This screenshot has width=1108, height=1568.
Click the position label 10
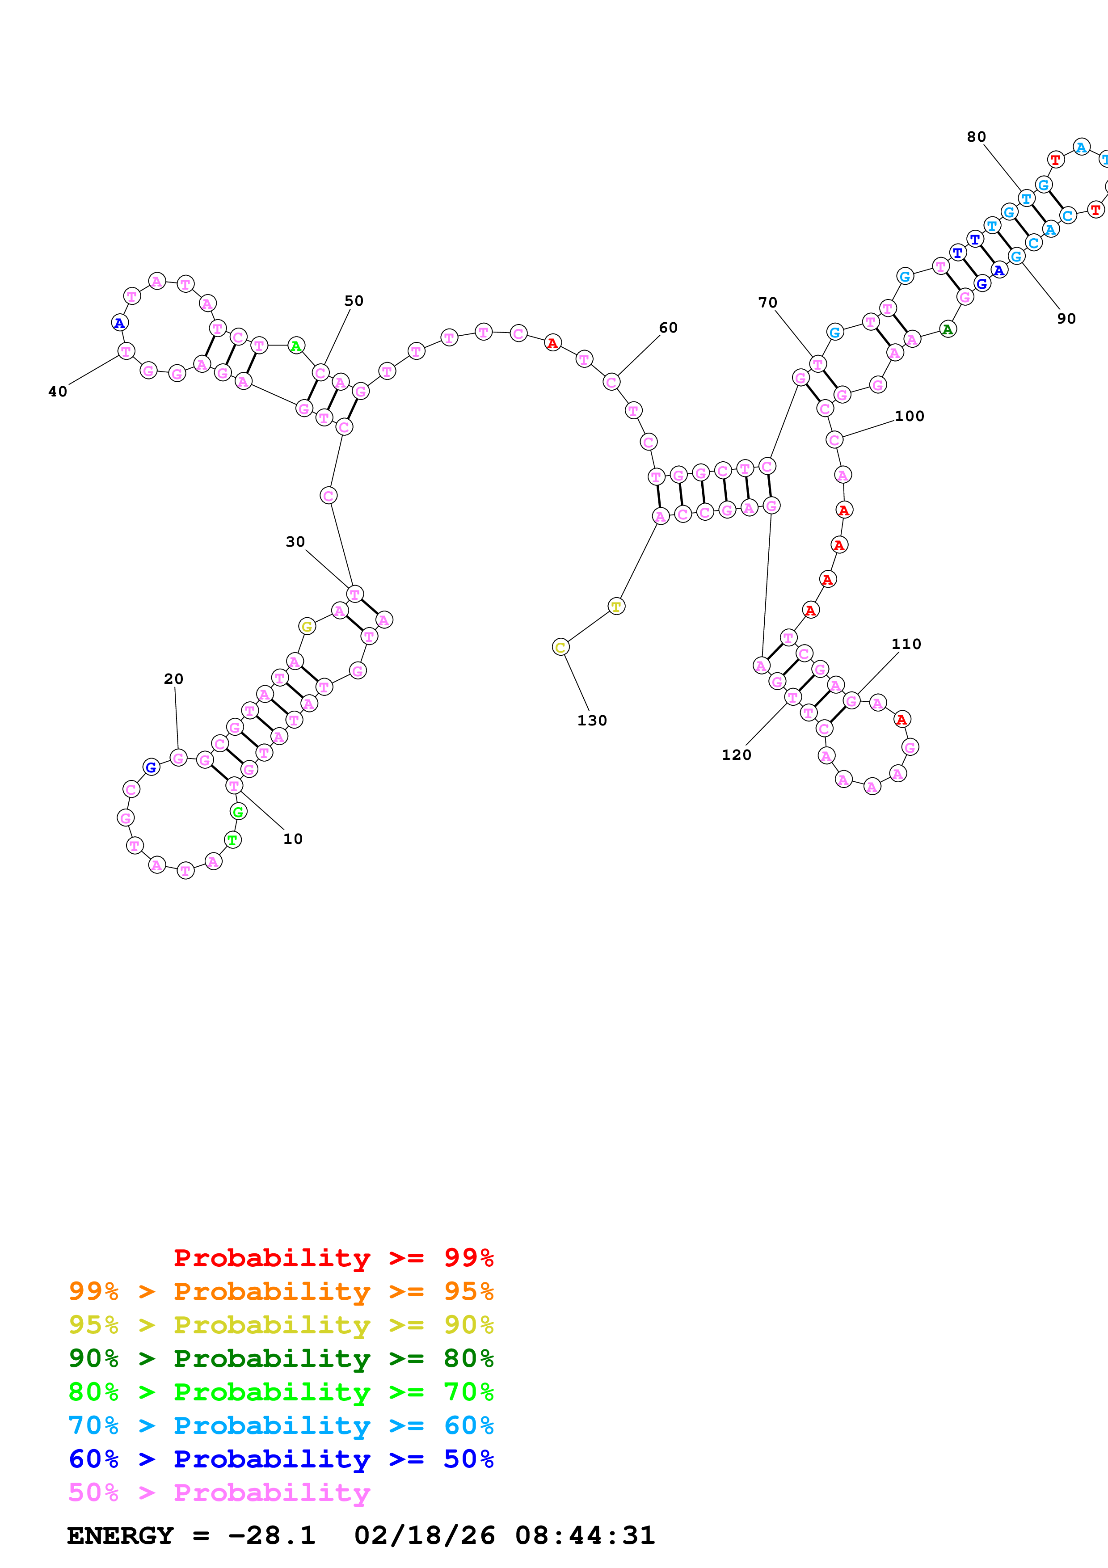tap(293, 839)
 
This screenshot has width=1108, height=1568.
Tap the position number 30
tap(295, 542)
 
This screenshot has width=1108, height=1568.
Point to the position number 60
tap(668, 328)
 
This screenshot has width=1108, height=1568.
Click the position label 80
tap(976, 137)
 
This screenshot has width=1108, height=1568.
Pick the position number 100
tap(910, 416)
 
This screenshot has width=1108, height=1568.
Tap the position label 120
tap(736, 754)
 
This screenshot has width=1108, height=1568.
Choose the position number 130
tap(592, 721)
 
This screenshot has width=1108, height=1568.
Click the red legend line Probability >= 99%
tap(333, 1257)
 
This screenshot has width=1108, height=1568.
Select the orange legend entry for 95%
tap(281, 1291)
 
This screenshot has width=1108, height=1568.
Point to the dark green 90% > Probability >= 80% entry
tap(281, 1357)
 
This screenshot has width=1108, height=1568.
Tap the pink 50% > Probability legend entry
tap(219, 1492)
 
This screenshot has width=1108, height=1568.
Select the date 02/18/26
tap(424, 1535)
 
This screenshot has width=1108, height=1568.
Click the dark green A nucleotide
tap(948, 329)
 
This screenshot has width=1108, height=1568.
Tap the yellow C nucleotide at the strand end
tap(560, 647)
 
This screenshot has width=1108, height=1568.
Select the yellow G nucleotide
tap(307, 626)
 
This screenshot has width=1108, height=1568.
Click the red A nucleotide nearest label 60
tap(552, 343)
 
